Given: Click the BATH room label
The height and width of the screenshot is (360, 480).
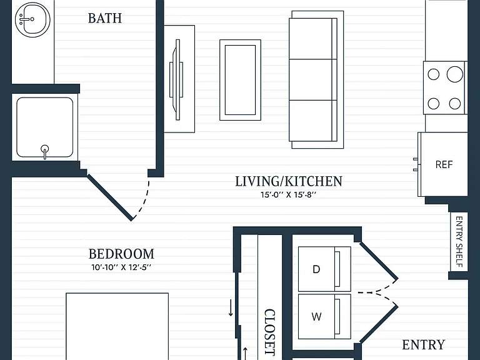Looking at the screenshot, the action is click(x=105, y=18).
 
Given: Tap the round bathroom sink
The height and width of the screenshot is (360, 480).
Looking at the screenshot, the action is click(x=32, y=19).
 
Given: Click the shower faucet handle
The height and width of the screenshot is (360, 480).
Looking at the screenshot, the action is click(x=45, y=151).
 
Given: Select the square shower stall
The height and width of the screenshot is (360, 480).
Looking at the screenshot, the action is click(x=45, y=127).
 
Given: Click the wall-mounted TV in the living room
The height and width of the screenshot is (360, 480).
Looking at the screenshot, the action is click(x=177, y=79).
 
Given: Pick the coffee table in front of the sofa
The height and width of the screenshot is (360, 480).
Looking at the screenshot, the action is click(x=240, y=79).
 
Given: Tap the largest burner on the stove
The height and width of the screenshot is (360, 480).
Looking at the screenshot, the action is click(x=454, y=74).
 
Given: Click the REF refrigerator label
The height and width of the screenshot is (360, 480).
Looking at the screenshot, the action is click(x=444, y=165).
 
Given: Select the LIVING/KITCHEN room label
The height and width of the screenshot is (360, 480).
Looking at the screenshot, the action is click(x=289, y=181).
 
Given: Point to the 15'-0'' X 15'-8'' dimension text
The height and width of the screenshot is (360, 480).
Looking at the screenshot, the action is click(x=288, y=195).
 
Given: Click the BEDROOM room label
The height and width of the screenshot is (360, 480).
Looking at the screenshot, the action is click(x=121, y=254).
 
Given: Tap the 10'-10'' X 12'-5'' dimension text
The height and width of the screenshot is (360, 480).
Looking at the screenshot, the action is click(x=121, y=267).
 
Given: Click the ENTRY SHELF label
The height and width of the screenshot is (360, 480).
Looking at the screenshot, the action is click(x=459, y=242).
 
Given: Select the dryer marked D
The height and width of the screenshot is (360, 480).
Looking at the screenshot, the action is click(x=324, y=269).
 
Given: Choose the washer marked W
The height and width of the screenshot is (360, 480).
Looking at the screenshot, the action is click(x=324, y=316).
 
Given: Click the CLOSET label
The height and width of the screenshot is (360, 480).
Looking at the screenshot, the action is click(x=270, y=332).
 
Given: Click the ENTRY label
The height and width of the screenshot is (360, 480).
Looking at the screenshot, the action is click(x=423, y=345).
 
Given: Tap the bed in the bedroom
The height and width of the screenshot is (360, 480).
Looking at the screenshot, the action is click(x=117, y=326).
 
